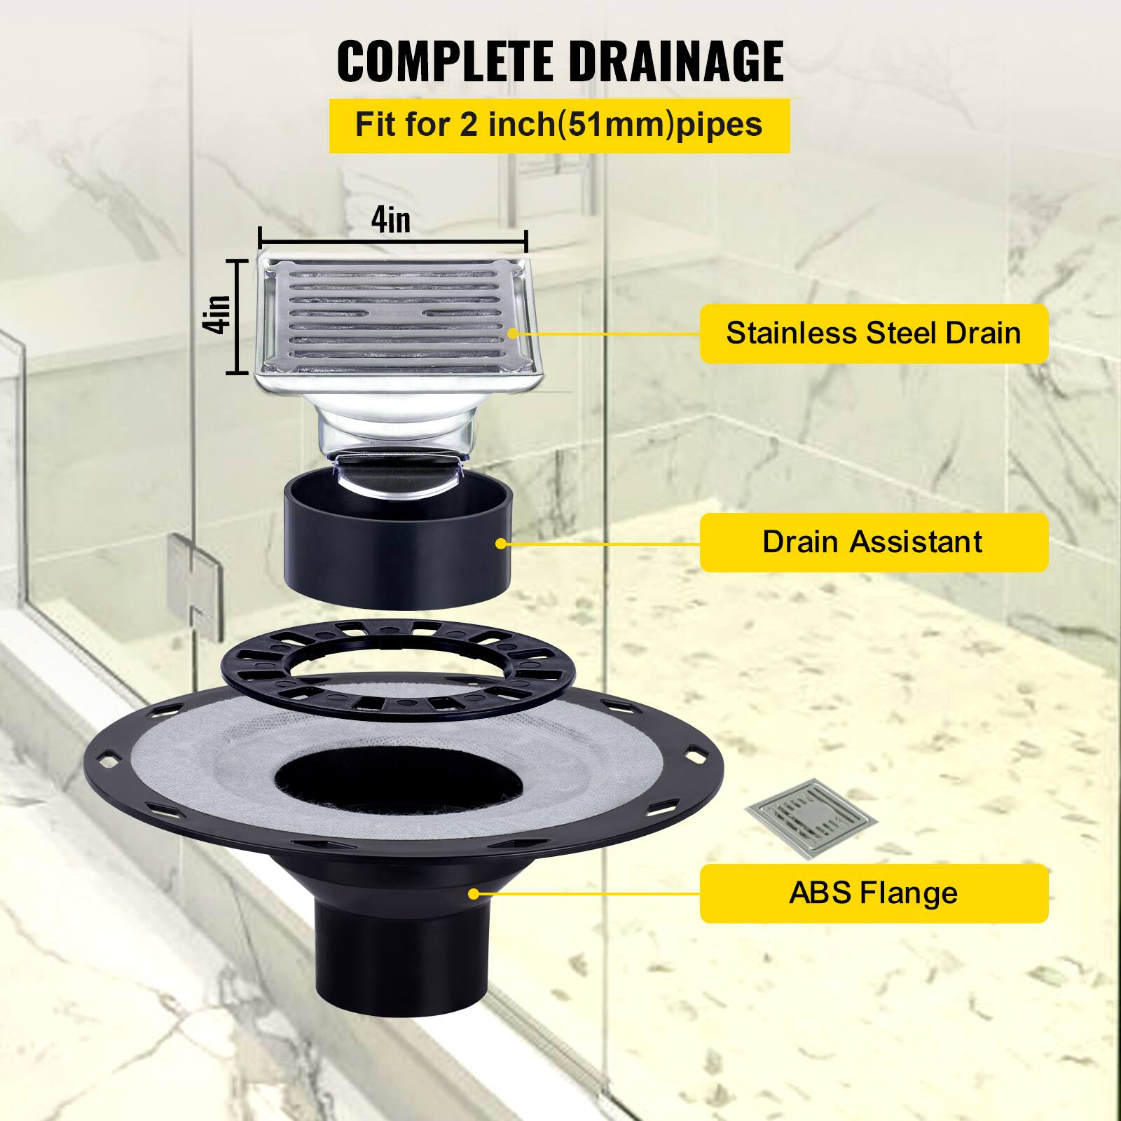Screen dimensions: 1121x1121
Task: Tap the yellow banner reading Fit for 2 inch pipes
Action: tap(559, 125)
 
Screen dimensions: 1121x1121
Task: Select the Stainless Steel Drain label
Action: tap(873, 333)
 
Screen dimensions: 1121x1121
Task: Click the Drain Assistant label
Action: tap(873, 542)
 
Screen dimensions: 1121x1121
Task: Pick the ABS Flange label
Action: tap(873, 893)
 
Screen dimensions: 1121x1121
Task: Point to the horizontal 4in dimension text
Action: tap(391, 220)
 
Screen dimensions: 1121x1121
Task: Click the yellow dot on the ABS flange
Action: tap(474, 893)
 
